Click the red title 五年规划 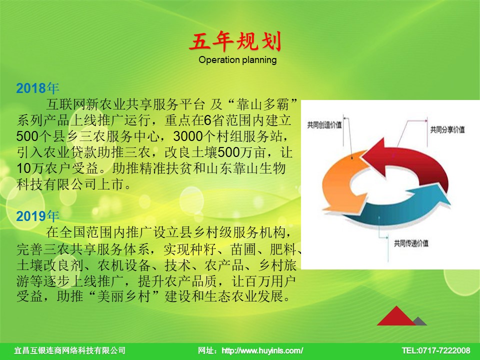click(x=235, y=41)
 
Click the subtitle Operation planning click(x=237, y=59)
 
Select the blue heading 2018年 click(x=37, y=88)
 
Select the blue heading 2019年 click(x=37, y=216)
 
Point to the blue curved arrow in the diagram click(x=398, y=208)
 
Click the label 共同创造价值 click(x=324, y=125)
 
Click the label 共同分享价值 click(x=447, y=129)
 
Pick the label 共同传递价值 click(x=411, y=243)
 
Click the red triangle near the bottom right click(x=396, y=316)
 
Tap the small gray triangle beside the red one click(x=420, y=321)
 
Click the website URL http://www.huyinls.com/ click(x=262, y=350)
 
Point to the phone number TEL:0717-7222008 click(x=436, y=350)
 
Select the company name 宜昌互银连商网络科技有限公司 click(x=70, y=350)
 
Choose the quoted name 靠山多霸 click(x=262, y=104)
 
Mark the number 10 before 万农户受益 click(x=23, y=168)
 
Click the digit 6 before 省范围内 click(x=207, y=120)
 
